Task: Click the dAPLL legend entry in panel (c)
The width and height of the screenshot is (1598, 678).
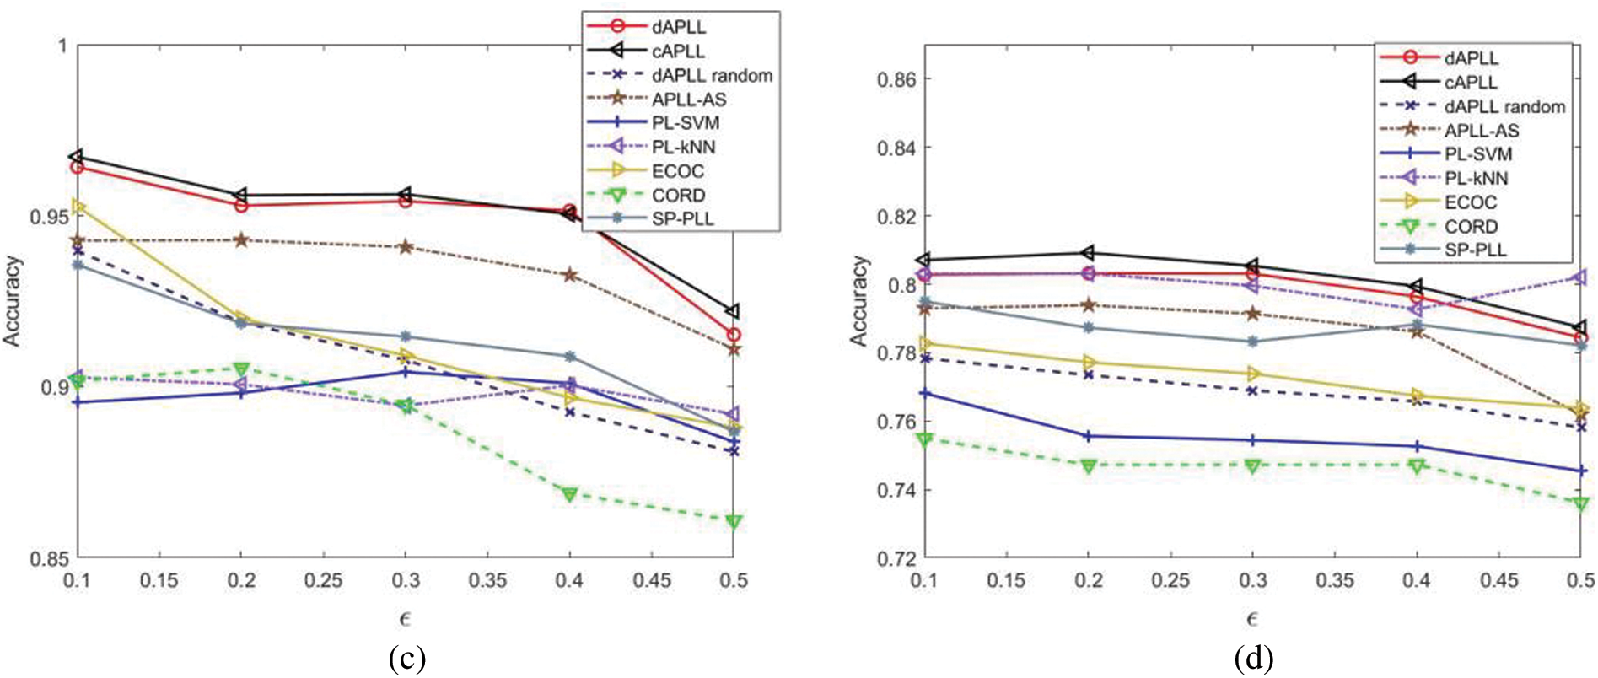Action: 679,27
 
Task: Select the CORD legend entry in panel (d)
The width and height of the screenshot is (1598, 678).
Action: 1471,226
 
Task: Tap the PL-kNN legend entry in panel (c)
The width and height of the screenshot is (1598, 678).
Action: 683,147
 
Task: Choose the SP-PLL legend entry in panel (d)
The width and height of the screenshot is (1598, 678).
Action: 1475,250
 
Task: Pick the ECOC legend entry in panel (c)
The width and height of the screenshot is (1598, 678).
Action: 677,171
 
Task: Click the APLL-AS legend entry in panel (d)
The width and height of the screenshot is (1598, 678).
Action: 1481,131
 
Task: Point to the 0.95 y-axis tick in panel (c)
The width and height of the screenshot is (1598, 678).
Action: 49,217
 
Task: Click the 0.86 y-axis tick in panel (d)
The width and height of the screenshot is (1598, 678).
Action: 897,80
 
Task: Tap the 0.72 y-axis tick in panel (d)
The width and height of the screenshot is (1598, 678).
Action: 897,558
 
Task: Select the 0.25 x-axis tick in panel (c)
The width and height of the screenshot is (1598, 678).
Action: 323,581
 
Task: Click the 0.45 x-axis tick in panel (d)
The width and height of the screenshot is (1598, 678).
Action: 1498,581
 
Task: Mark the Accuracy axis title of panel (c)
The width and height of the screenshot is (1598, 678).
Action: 12,301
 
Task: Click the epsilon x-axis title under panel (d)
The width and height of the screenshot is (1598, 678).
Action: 1251,620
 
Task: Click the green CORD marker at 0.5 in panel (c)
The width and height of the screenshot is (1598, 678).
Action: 734,522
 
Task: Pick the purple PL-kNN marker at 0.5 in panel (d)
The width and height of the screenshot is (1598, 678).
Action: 1580,277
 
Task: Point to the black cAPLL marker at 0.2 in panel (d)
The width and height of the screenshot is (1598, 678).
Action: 1088,253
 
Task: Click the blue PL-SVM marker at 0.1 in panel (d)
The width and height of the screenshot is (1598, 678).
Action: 925,394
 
